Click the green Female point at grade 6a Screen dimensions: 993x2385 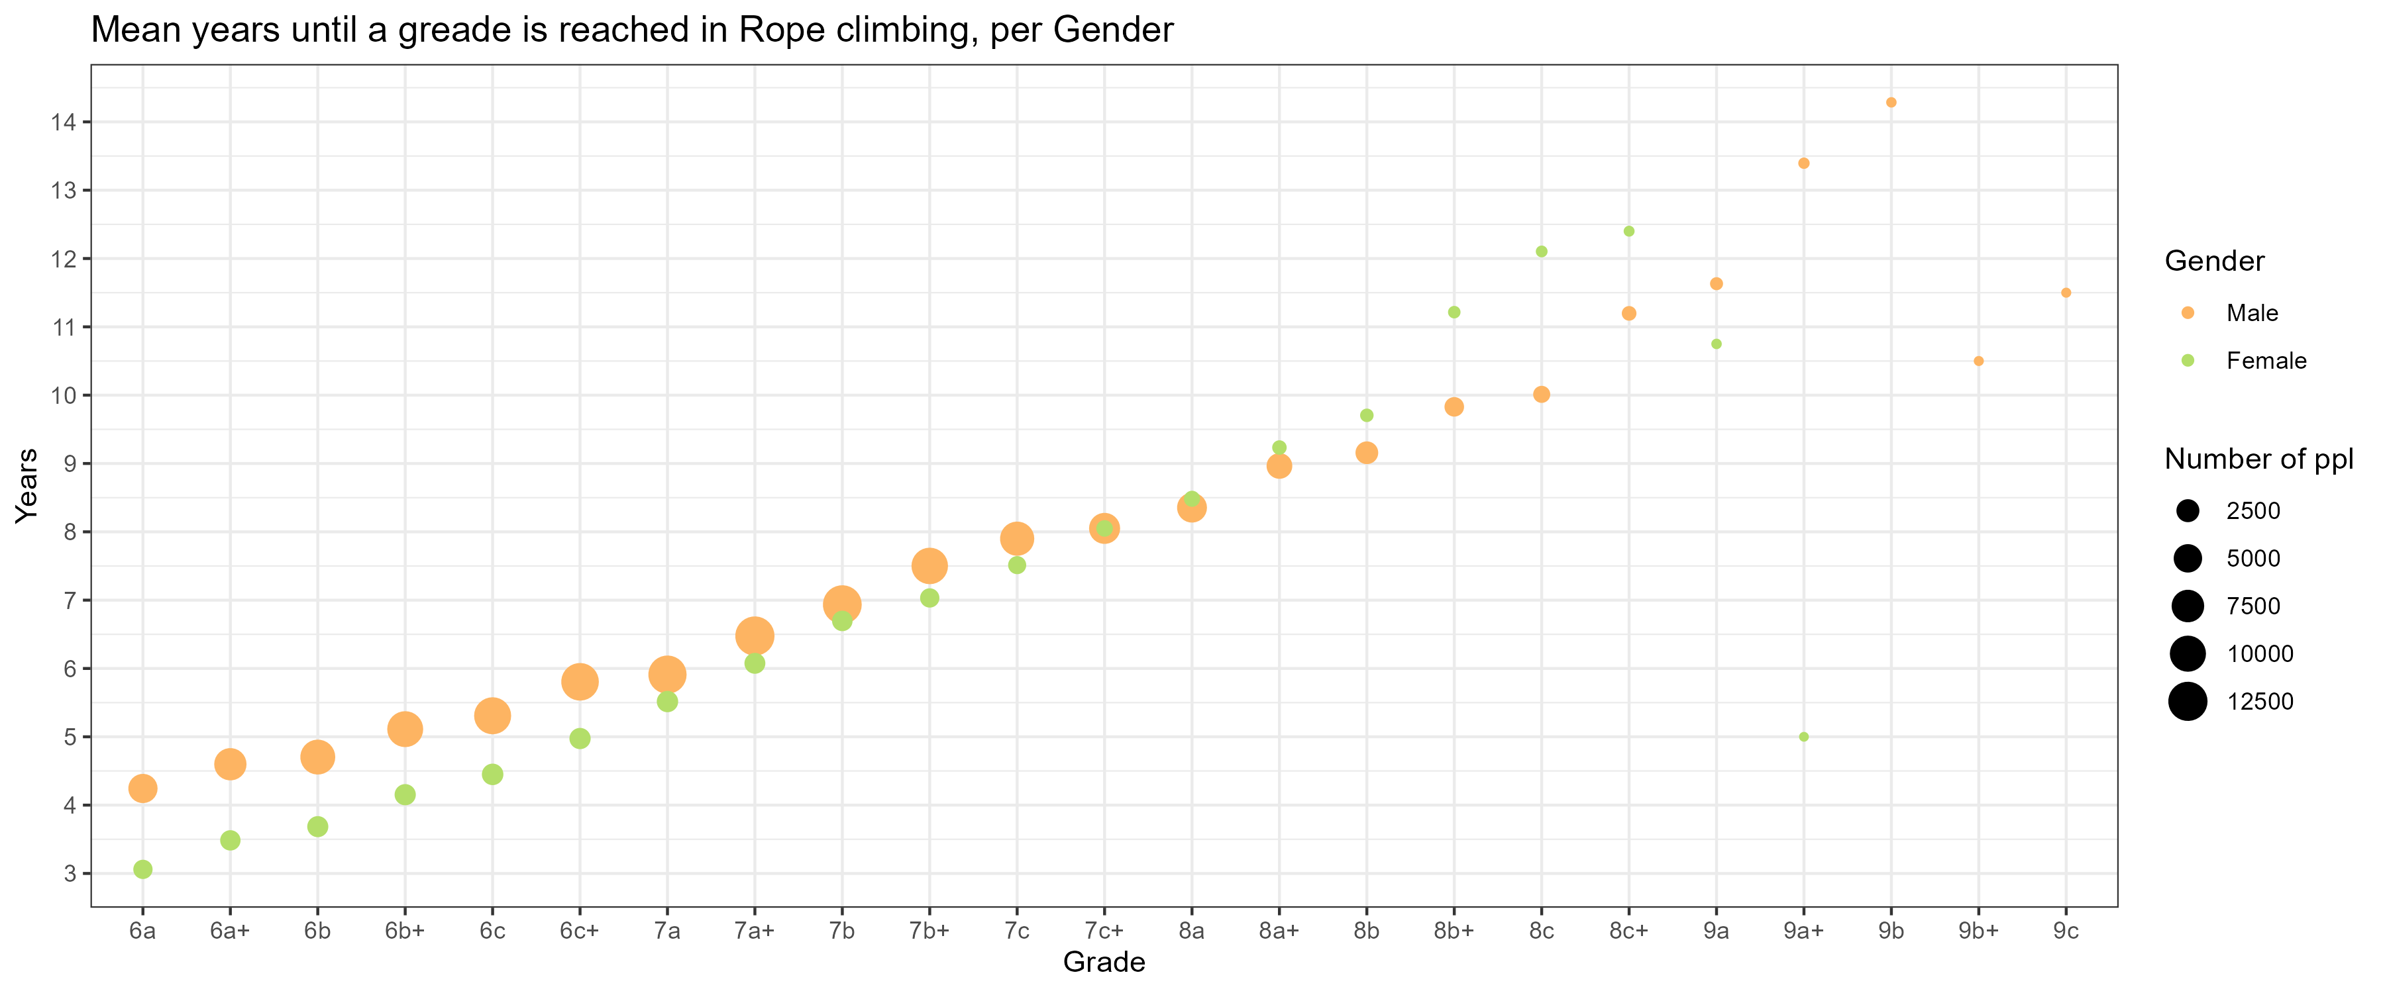(142, 869)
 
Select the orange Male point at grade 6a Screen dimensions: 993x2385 (142, 788)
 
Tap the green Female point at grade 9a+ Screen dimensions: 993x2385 (1803, 737)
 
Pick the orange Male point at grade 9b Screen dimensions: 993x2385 (1891, 103)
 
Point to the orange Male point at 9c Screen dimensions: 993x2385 (2066, 293)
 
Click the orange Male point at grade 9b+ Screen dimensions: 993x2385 (1978, 361)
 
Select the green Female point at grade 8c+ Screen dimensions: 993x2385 (1628, 231)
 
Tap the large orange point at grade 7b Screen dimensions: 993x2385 (841, 604)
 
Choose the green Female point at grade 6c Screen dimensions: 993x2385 (492, 774)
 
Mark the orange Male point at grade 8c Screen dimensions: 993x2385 (1542, 395)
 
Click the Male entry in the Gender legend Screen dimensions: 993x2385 (2252, 313)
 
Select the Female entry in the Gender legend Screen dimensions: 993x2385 (2266, 361)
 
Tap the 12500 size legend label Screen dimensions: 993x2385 (2260, 702)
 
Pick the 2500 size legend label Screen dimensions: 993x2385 (2252, 511)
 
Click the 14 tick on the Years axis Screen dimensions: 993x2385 (64, 122)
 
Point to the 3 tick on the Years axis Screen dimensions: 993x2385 (70, 874)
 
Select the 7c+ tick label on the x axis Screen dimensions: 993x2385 (1104, 931)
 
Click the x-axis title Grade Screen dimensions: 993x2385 (1104, 963)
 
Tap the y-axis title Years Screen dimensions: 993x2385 (26, 486)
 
